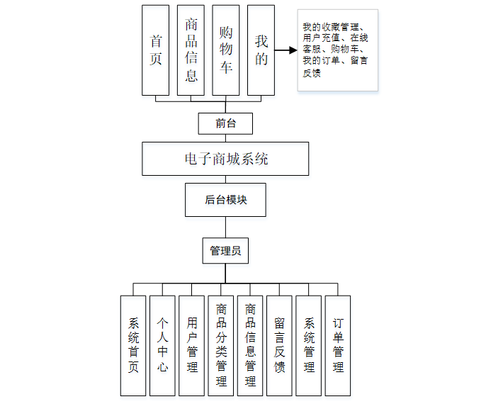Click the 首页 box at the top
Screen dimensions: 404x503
pyautogui.click(x=155, y=50)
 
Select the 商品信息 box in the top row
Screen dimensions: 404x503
pyautogui.click(x=191, y=50)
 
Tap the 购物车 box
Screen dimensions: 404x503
pyautogui.click(x=226, y=50)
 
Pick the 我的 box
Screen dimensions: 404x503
pyautogui.click(x=261, y=50)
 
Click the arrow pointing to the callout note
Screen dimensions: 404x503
pyautogui.click(x=286, y=51)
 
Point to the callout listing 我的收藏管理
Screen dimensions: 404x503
pyautogui.click(x=337, y=50)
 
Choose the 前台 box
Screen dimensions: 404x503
pyautogui.click(x=225, y=123)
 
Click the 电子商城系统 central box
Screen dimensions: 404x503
pyautogui.click(x=225, y=159)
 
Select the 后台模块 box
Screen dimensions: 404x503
pyautogui.click(x=225, y=200)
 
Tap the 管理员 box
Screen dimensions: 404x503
pyautogui.click(x=225, y=250)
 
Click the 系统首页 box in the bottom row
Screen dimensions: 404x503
pyautogui.click(x=133, y=345)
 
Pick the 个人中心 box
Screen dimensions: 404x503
pyautogui.click(x=162, y=345)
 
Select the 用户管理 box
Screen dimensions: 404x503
pyautogui.click(x=191, y=345)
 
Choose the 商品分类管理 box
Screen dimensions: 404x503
pyautogui.click(x=221, y=345)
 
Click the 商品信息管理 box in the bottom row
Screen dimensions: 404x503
pyautogui.click(x=250, y=345)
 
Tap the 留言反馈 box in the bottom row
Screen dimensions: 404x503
pyautogui.click(x=279, y=345)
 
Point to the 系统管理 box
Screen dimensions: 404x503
pyautogui.click(x=308, y=345)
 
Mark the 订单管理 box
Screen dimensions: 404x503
pyautogui.click(x=337, y=345)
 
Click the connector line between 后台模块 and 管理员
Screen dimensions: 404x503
pyautogui.click(x=225, y=228)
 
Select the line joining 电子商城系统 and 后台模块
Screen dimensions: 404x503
pyautogui.click(x=225, y=179)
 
